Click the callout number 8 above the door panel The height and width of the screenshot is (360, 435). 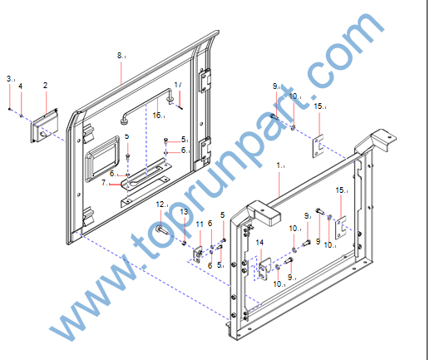click(120, 56)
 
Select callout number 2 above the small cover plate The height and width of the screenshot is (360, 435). click(46, 86)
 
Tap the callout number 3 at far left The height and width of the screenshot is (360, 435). click(9, 79)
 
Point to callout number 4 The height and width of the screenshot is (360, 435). click(21, 86)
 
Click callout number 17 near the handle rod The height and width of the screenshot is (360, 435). click(178, 85)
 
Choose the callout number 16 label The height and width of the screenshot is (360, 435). click(157, 115)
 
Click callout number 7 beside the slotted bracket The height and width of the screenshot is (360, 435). click(104, 183)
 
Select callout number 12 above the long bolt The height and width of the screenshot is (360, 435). click(161, 205)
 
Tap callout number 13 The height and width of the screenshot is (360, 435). click(184, 212)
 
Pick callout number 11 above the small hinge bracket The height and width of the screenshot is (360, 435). click(200, 224)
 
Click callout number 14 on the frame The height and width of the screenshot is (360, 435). click(260, 243)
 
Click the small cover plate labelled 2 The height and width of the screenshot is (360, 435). click(44, 126)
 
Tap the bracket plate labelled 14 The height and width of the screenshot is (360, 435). click(264, 269)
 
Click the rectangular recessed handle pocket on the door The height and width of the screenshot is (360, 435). click(102, 159)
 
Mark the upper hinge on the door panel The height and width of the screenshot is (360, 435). click(205, 80)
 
